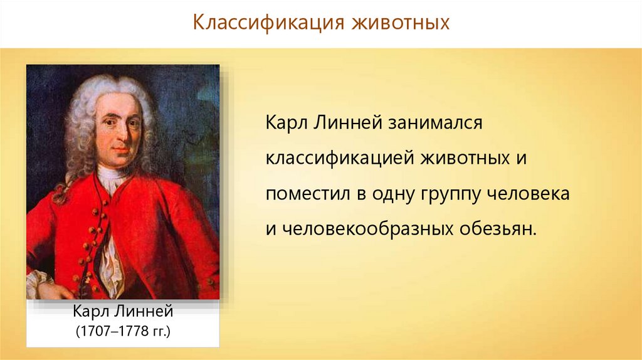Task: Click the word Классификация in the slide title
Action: tap(268, 23)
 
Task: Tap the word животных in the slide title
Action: tap(401, 23)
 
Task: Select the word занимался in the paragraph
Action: tap(435, 122)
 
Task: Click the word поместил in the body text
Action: tap(308, 194)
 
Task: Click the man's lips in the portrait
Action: tap(121, 150)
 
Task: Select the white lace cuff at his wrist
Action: tap(38, 283)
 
